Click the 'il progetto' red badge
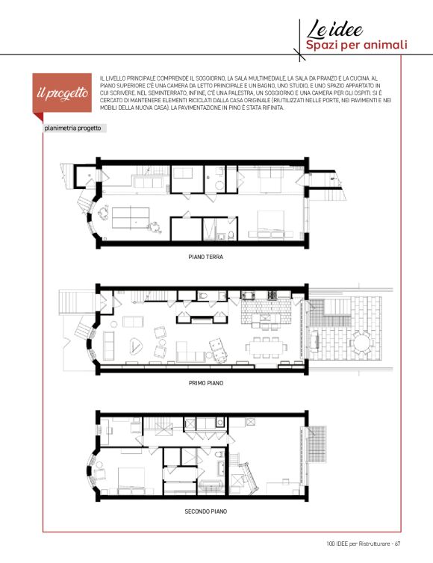pos(62,93)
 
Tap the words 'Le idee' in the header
pos(334,28)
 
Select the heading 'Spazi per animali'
pos(356,46)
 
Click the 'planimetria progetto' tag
pos(75,128)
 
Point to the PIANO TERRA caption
pos(206,257)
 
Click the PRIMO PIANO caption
pos(206,383)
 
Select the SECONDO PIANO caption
pos(206,511)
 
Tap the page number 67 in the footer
pos(397,544)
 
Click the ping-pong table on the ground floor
pos(131,217)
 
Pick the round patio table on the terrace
pos(361,343)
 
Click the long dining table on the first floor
pos(266,347)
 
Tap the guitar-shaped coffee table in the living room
pos(136,346)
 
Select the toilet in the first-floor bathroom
pos(203,296)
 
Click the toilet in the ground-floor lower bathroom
pos(231,235)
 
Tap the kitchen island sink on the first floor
pos(266,318)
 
